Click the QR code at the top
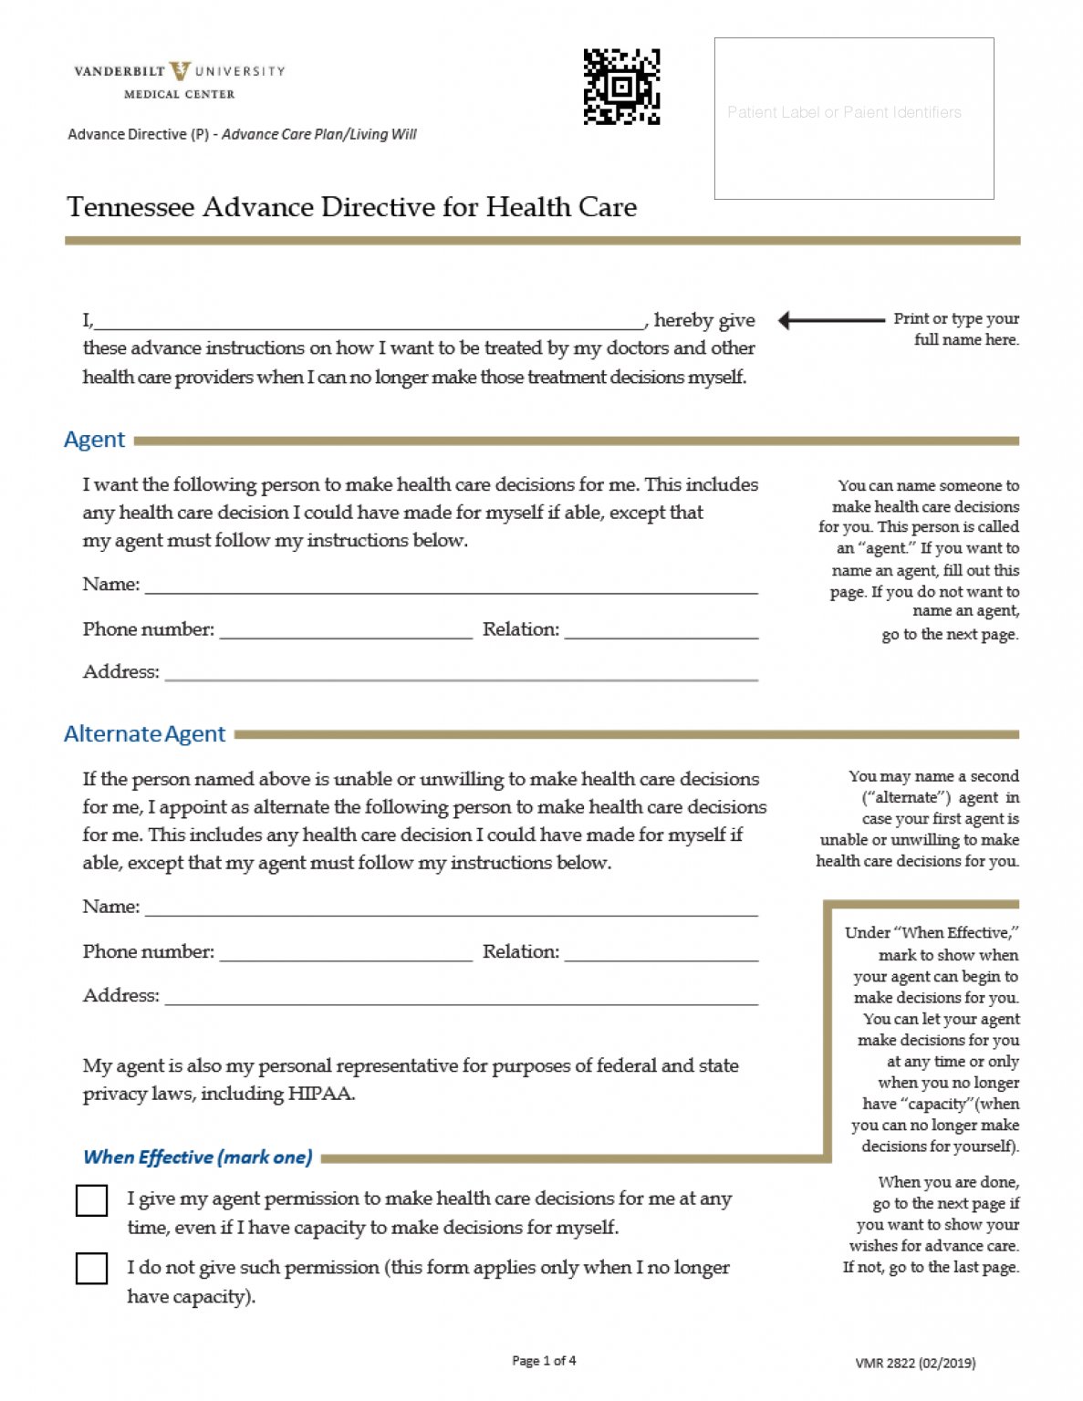[621, 87]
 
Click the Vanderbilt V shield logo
[180, 70]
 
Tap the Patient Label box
[853, 118]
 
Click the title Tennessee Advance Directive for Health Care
[351, 207]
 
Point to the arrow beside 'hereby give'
[830, 320]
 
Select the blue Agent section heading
[94, 440]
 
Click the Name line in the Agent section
[452, 585]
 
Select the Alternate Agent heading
[144, 734]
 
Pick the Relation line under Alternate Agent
[661, 952]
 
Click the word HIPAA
[320, 1094]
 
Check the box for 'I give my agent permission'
[91, 1200]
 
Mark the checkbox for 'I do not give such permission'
[91, 1269]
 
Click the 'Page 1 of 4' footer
[544, 1361]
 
